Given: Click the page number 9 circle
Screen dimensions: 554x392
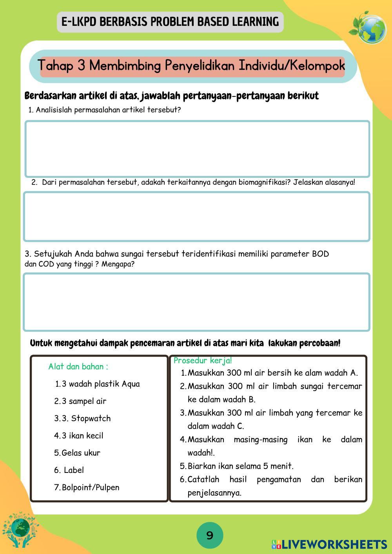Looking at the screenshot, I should coord(210,535).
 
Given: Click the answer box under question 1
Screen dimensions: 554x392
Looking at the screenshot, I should coord(197,149).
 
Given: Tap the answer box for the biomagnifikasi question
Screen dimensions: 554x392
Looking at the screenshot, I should coord(196,216).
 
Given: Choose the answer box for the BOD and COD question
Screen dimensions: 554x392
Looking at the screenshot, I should coord(196,302).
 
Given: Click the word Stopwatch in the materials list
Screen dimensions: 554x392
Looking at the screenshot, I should coord(91,418).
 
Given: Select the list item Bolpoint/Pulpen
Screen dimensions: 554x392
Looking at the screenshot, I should coord(91,487).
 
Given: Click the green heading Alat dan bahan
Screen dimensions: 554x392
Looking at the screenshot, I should coord(78,367).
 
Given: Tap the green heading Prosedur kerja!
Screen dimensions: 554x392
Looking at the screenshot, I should coord(203,360).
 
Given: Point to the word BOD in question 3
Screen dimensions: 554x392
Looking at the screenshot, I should coord(320,254).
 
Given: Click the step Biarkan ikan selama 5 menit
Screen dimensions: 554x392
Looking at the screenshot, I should coord(240,466).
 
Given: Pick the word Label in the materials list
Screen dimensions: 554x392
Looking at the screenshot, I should coord(74,470).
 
